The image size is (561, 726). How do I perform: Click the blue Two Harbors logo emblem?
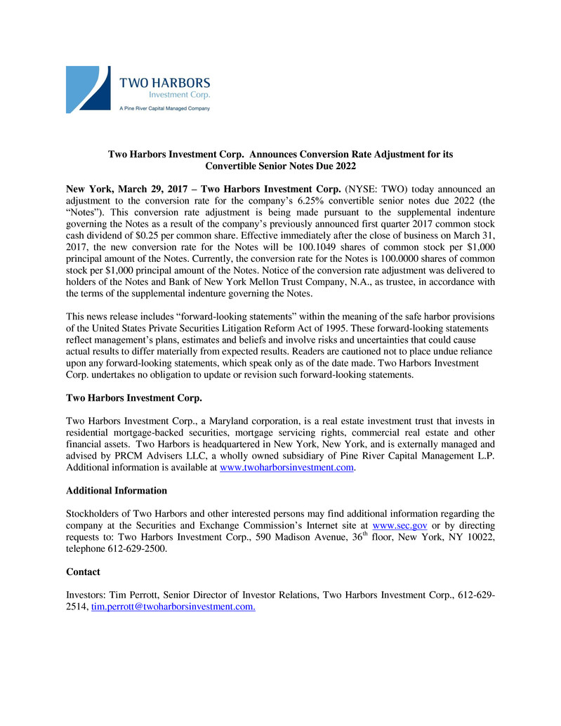pos(88,89)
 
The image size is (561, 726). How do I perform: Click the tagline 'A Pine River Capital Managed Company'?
pos(164,109)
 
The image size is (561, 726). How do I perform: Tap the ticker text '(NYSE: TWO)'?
pos(373,189)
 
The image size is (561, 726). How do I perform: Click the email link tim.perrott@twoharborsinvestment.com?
pos(173,607)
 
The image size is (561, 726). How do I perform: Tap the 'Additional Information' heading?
pos(117,491)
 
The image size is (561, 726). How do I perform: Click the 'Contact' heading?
pos(83,572)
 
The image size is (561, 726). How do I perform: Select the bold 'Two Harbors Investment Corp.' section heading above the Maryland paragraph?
pos(134,398)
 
